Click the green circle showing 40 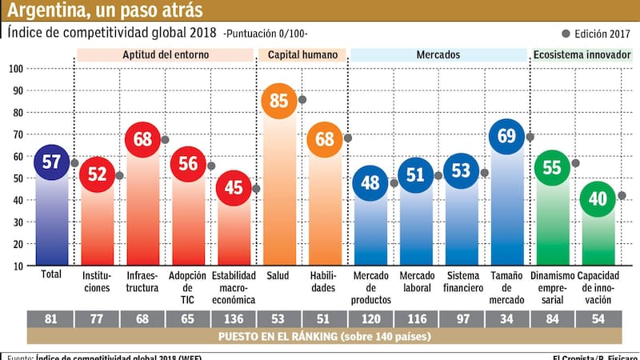[x=598, y=199]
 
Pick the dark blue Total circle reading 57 [x=52, y=162]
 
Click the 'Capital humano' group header [x=302, y=55]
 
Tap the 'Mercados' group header [x=438, y=55]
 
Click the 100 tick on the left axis [x=15, y=69]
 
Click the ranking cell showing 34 [x=507, y=318]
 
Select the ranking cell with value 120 [x=370, y=318]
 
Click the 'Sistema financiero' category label [x=462, y=281]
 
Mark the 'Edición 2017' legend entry [x=594, y=34]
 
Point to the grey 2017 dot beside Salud [x=302, y=100]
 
